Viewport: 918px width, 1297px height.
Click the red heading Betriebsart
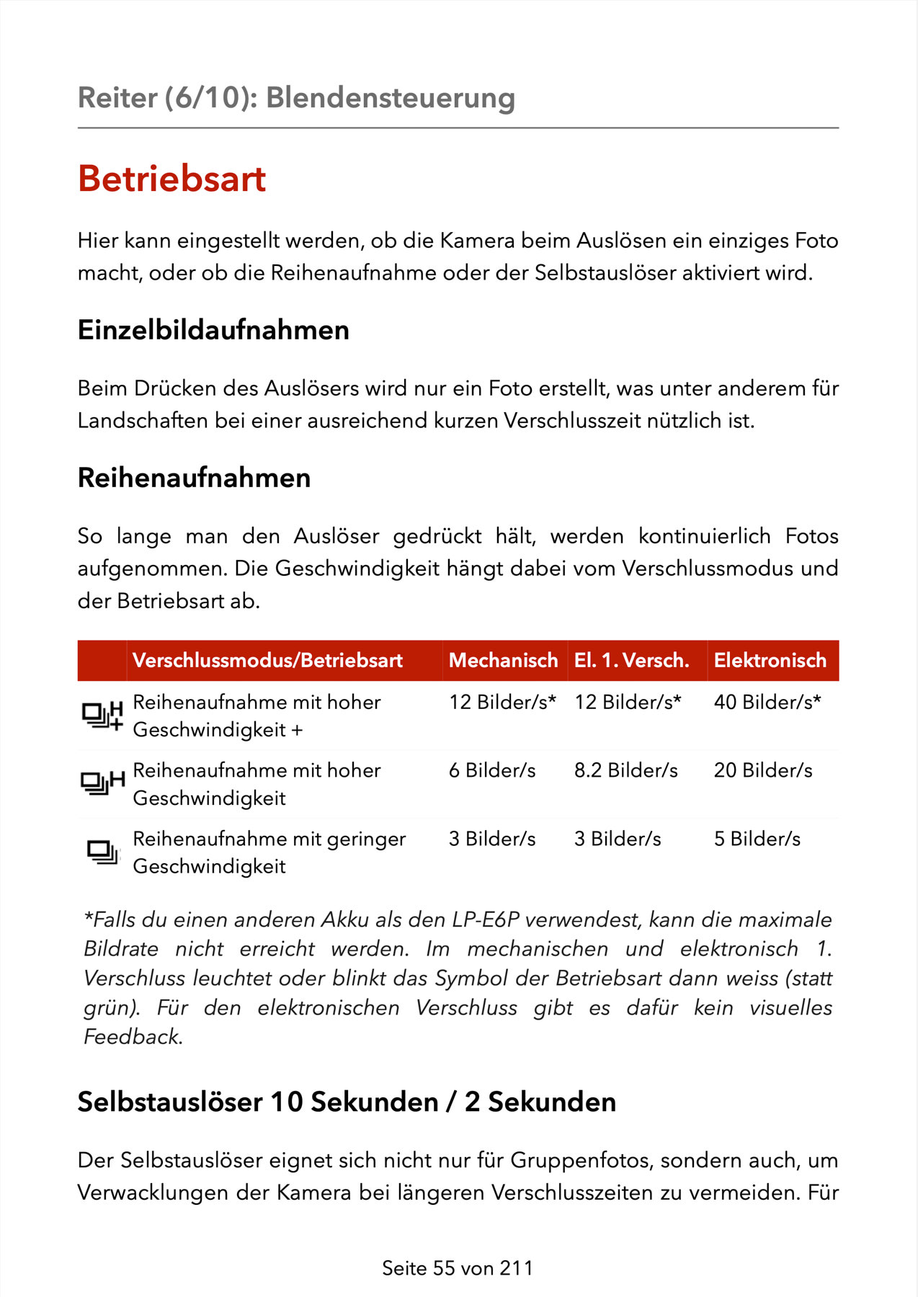(x=171, y=179)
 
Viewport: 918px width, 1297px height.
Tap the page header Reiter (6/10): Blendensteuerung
(x=296, y=98)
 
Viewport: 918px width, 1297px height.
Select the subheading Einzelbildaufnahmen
(x=213, y=330)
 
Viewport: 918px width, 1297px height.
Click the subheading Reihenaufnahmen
(x=194, y=478)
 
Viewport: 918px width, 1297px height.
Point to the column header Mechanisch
(x=503, y=660)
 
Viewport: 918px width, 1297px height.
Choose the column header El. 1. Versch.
(x=631, y=660)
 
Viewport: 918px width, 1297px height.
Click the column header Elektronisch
(x=770, y=660)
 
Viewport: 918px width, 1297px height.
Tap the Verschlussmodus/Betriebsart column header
(x=267, y=660)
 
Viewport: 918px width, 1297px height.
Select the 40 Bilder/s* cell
(x=767, y=702)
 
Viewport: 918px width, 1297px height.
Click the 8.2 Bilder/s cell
(x=625, y=770)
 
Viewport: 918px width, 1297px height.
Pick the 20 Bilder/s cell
(x=762, y=770)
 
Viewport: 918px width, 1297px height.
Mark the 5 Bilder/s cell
(x=757, y=839)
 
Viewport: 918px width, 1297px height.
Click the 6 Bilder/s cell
(x=492, y=770)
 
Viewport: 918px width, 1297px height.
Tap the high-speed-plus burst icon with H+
(x=102, y=715)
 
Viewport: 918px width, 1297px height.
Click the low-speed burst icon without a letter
(x=102, y=852)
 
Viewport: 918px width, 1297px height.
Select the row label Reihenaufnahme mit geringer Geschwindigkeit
(x=269, y=852)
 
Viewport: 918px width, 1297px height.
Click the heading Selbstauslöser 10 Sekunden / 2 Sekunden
(x=347, y=1102)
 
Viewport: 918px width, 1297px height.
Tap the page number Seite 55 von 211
(x=458, y=1268)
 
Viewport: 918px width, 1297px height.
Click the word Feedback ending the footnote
(x=133, y=1037)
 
